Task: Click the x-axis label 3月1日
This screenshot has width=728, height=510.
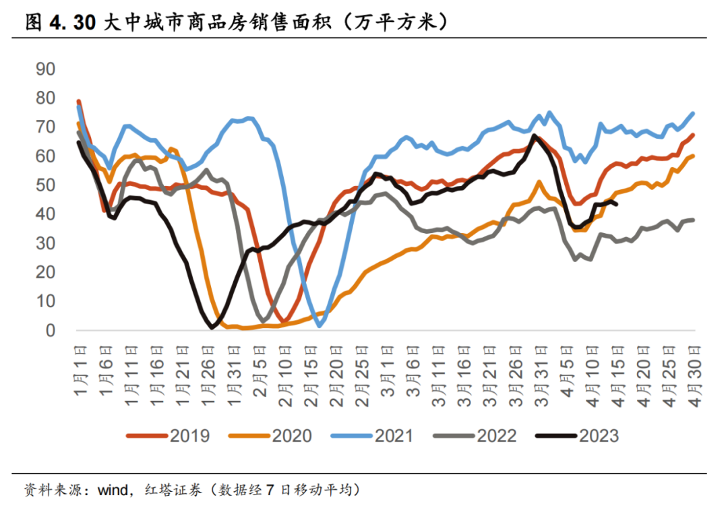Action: pyautogui.click(x=387, y=370)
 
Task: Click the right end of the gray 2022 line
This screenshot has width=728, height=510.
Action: pyautogui.click(x=694, y=220)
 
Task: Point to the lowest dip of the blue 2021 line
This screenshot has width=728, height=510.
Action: pyautogui.click(x=320, y=326)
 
